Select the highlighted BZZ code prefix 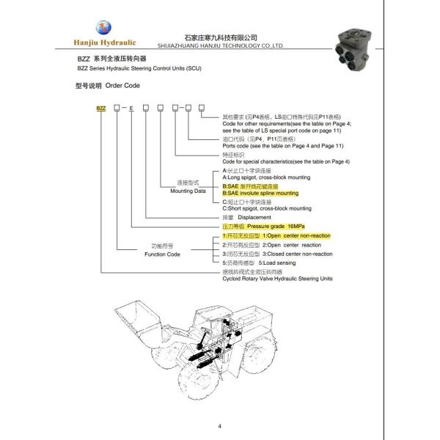pos(101,109)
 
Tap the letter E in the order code pos(131,109)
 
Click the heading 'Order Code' pos(120,86)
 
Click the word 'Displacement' pos(254,218)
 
